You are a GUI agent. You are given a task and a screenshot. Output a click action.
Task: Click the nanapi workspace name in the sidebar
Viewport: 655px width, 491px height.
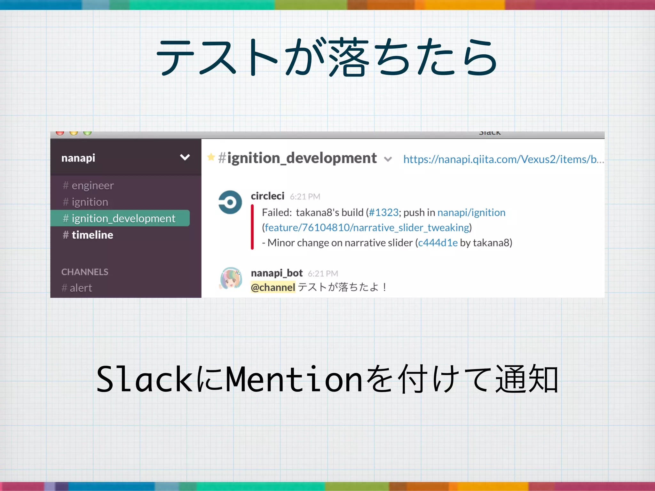click(78, 158)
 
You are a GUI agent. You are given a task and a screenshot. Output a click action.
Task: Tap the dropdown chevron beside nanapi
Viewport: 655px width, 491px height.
click(185, 157)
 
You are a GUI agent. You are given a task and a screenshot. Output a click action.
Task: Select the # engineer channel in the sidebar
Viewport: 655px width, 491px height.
click(88, 185)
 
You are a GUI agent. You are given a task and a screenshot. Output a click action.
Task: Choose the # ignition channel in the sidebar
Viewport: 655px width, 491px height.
click(86, 202)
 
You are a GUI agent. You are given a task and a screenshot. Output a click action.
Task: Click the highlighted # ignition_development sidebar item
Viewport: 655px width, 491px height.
click(120, 218)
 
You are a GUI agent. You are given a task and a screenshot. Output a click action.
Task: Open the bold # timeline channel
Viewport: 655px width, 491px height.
click(88, 235)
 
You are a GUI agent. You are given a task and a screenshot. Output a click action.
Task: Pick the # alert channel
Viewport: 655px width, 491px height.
click(77, 288)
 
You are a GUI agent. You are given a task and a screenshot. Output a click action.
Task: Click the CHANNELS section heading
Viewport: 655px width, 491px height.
click(85, 272)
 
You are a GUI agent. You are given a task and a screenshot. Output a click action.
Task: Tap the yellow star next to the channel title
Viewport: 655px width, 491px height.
click(211, 157)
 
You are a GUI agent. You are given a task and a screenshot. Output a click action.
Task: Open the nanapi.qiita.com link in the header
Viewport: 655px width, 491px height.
click(503, 159)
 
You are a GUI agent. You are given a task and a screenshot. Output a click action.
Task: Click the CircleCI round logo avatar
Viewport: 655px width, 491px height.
click(230, 202)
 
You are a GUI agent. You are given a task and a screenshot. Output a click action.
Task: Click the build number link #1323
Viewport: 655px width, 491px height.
click(383, 213)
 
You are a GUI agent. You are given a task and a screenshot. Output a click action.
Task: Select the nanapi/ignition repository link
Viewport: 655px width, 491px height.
click(471, 213)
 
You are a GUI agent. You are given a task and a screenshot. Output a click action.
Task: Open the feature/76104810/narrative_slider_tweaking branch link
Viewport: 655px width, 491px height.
click(367, 228)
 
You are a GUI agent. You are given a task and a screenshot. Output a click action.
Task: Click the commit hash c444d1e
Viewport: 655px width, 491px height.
click(438, 243)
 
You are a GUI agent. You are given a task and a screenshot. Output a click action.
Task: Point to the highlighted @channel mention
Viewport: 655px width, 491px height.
click(273, 287)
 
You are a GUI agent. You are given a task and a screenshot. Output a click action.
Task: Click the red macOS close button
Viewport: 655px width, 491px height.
click(60, 133)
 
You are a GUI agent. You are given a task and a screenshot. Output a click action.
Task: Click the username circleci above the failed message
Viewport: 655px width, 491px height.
click(267, 196)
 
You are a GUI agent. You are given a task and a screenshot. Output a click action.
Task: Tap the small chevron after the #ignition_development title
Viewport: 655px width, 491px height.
click(388, 159)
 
